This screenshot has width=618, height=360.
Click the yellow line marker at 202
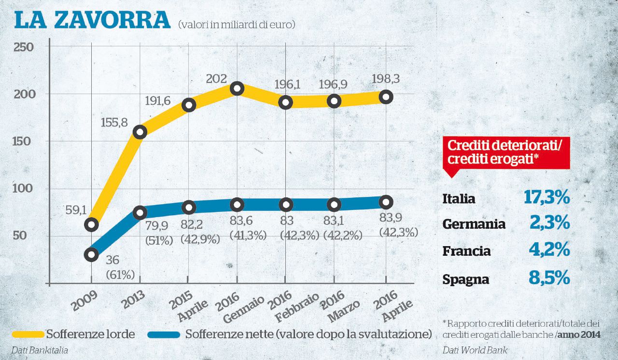(x=237, y=88)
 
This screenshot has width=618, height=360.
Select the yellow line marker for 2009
(x=91, y=224)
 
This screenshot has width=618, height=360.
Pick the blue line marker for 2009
(x=91, y=255)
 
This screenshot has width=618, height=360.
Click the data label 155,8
(x=114, y=123)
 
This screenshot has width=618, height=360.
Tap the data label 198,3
(x=385, y=78)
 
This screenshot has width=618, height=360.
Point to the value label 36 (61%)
(x=118, y=267)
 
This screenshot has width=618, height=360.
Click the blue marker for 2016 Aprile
(x=385, y=202)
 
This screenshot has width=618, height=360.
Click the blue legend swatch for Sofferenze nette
(x=164, y=334)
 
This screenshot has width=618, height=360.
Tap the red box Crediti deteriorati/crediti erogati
(x=506, y=152)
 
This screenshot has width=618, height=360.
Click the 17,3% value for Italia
(x=547, y=197)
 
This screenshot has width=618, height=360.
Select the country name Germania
(x=474, y=224)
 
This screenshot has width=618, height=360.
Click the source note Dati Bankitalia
(x=39, y=350)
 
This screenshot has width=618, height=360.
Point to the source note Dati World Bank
(x=475, y=350)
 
